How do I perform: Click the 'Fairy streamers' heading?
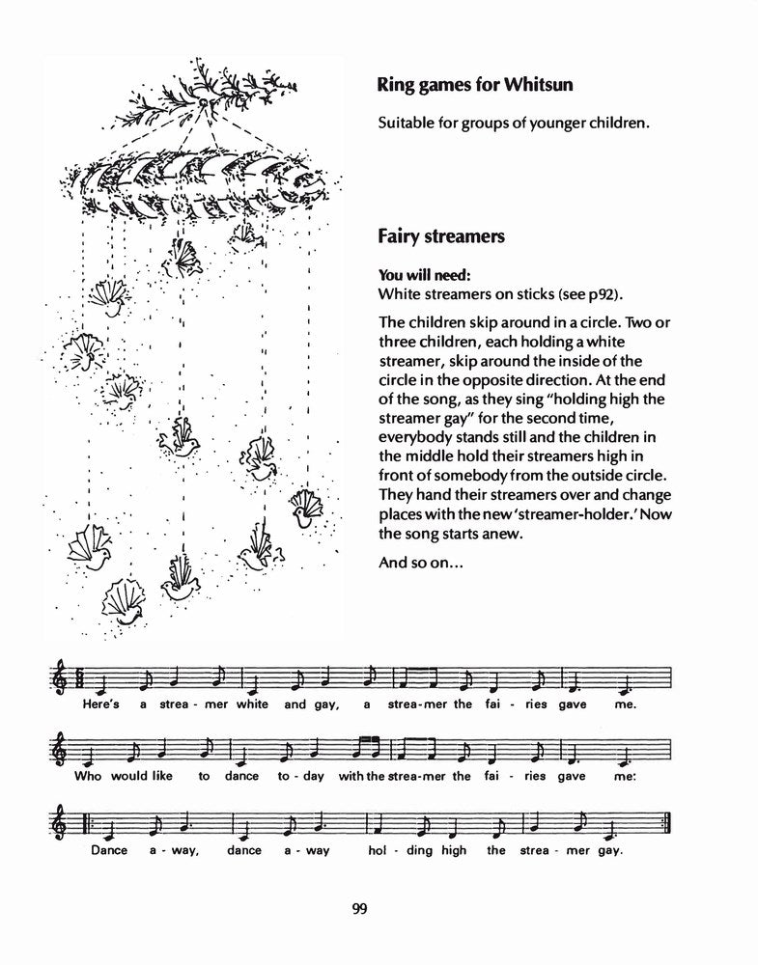[440, 236]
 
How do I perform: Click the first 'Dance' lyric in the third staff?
[109, 850]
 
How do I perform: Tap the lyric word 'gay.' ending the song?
[609, 850]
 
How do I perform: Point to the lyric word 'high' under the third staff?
[452, 850]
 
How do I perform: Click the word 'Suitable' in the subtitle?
[408, 124]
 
